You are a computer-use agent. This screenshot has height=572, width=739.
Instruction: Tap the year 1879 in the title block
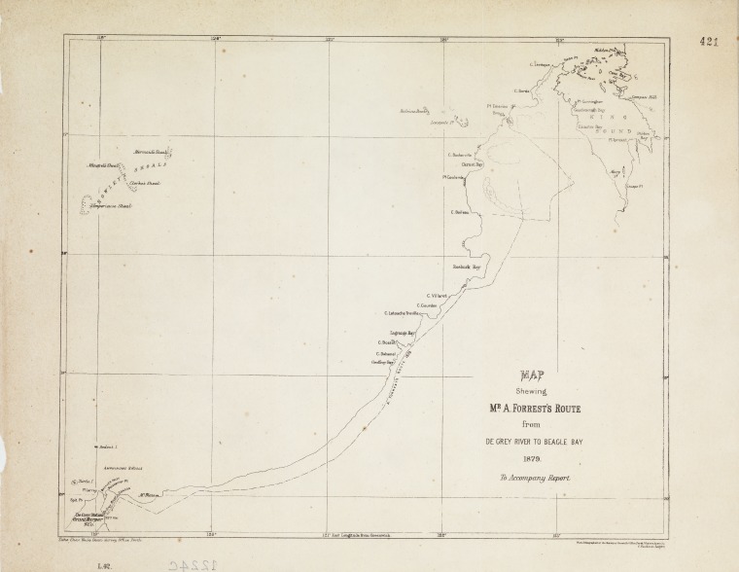pos(531,459)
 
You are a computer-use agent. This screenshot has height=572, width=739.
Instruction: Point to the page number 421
pos(709,42)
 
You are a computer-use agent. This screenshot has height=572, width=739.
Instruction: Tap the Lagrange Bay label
pos(403,334)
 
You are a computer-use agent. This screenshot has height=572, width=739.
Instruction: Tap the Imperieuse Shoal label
pos(110,207)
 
